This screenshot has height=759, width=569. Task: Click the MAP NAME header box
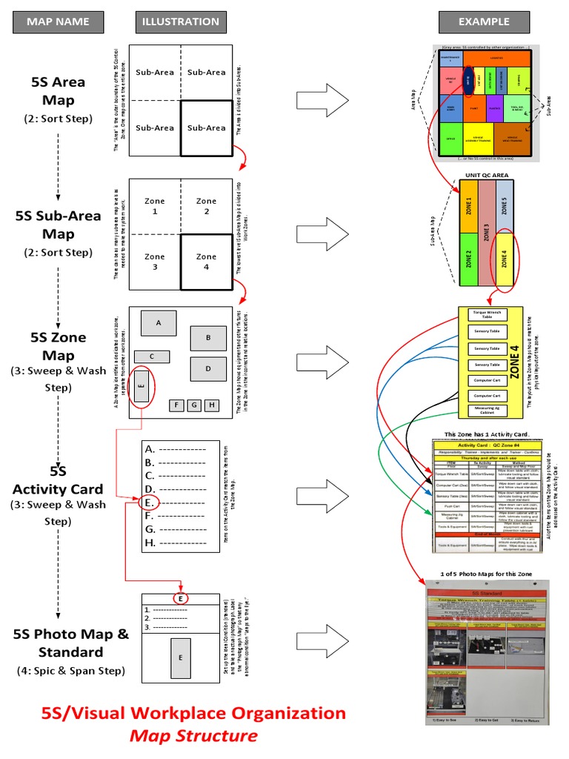tap(58, 22)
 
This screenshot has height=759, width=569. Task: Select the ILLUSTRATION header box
tap(182, 22)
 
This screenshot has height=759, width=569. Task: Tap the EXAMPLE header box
tap(484, 22)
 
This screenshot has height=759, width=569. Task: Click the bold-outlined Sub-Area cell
tap(206, 128)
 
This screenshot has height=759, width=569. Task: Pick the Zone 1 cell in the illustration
tap(154, 205)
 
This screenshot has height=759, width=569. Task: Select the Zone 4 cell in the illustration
tap(206, 262)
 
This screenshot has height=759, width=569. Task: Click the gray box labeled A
tap(158, 322)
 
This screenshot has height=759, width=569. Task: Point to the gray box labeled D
tap(208, 368)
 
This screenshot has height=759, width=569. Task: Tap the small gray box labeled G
tap(193, 405)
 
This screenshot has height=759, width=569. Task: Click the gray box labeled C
tap(152, 357)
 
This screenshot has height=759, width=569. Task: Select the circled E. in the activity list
tap(149, 503)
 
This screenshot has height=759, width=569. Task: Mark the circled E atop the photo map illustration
tap(180, 598)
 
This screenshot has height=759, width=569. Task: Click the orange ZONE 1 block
tap(468, 206)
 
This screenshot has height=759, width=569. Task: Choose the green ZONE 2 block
tap(468, 259)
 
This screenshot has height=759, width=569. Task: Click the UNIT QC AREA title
tap(486, 175)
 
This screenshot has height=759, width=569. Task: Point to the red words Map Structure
tap(193, 736)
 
